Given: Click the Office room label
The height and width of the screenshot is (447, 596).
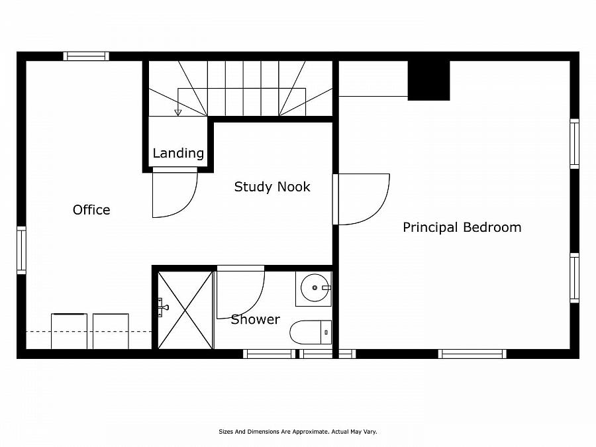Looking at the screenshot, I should click(91, 210).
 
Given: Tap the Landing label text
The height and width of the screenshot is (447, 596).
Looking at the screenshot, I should click(178, 153).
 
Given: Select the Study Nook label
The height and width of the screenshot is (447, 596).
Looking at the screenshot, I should click(272, 187).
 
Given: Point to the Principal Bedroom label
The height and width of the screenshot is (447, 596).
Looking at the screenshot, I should click(462, 227).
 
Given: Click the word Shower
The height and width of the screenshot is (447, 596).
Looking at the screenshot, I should click(255, 319).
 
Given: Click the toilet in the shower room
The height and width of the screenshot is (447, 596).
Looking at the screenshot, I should click(310, 332).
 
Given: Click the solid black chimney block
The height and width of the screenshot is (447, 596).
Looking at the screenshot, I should click(428, 80).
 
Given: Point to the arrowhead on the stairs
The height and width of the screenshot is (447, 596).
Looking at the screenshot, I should click(177, 113).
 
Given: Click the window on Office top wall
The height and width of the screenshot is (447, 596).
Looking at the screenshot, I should click(86, 56).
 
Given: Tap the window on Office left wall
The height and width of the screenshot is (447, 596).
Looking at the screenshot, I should click(21, 250).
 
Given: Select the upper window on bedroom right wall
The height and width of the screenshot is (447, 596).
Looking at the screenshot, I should click(574, 143).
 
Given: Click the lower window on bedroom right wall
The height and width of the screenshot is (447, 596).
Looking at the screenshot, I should click(574, 278).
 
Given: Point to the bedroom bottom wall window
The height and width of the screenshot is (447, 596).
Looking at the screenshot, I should click(473, 354).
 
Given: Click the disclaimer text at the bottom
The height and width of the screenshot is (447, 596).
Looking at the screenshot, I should click(297, 431).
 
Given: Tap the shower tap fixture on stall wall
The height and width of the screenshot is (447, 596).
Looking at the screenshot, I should click(161, 307).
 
